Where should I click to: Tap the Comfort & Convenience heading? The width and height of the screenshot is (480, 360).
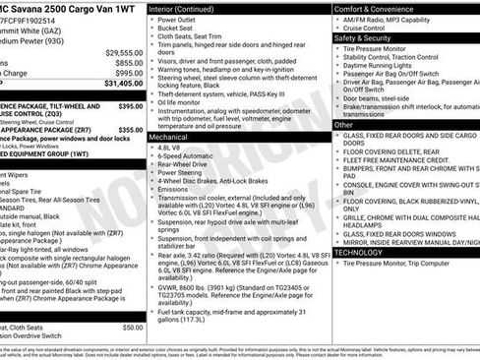[x=376, y=7]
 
